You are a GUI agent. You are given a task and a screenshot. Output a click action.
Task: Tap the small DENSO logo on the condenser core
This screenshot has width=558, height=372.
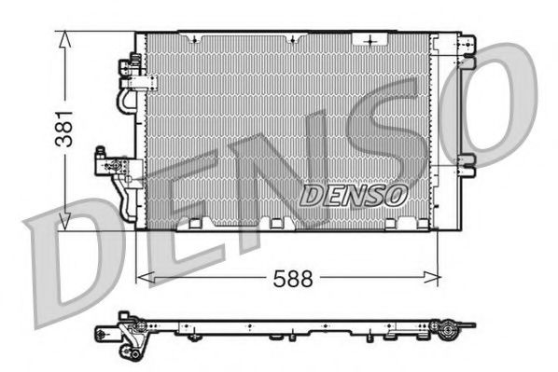click(354, 195)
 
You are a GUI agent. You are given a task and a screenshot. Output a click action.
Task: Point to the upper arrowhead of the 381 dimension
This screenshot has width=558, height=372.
click(64, 37)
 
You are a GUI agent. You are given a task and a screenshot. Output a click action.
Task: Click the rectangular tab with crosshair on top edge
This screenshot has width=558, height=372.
click(374, 40)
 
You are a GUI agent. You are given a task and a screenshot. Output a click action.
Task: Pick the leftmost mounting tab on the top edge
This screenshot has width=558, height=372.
click(195, 38)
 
